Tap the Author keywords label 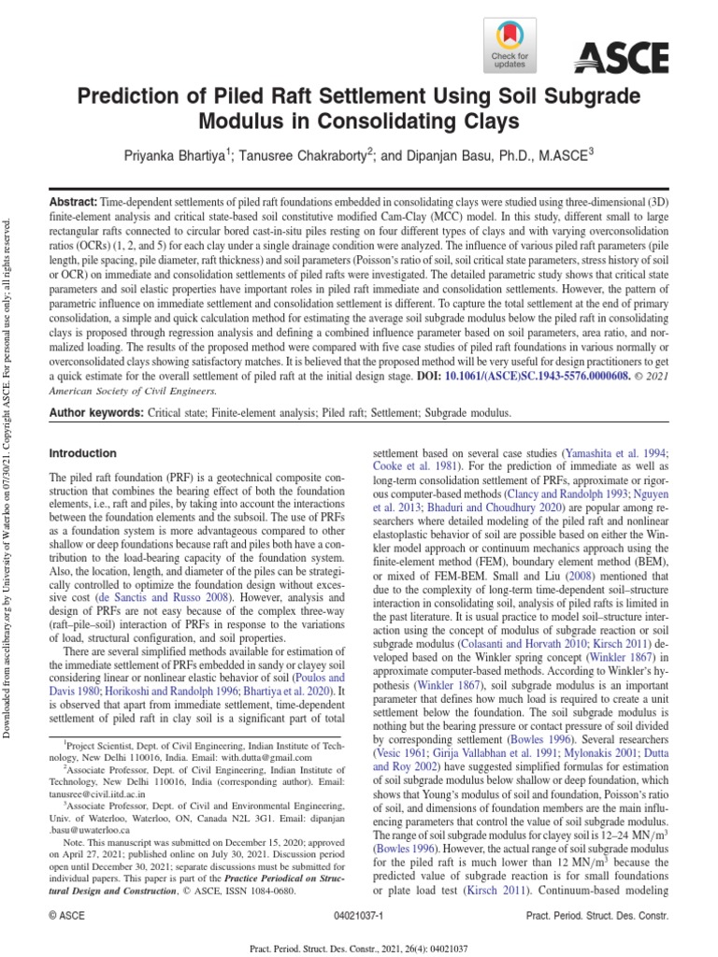click(93, 412)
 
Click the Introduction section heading click(83, 454)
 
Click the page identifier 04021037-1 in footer click(357, 919)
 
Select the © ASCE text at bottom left click(67, 919)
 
